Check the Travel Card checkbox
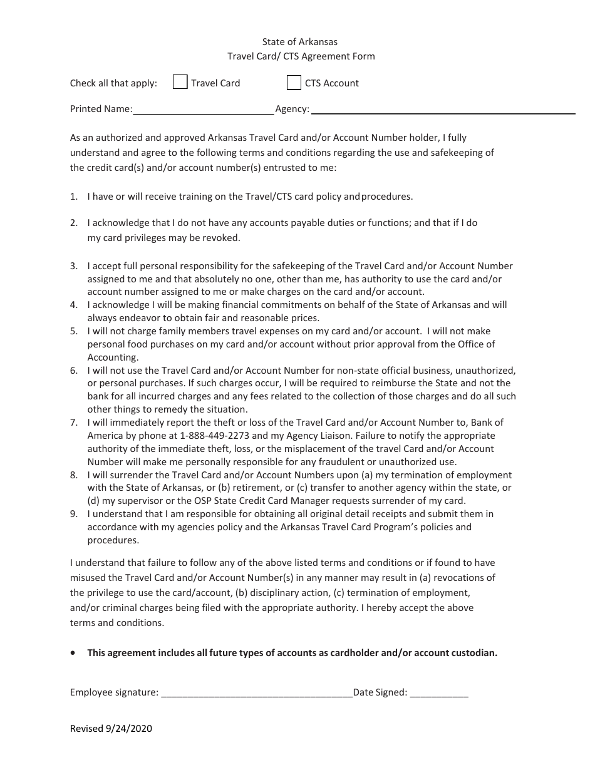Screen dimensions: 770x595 (x=180, y=82)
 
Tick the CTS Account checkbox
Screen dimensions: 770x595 (x=294, y=82)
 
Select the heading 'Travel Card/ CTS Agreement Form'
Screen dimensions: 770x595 (x=301, y=56)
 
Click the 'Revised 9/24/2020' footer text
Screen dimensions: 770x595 (x=111, y=728)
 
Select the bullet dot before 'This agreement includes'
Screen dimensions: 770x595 (x=74, y=652)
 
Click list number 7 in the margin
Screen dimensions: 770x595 (x=73, y=423)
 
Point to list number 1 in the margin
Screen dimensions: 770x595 (x=73, y=197)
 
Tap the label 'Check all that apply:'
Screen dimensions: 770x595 (x=113, y=83)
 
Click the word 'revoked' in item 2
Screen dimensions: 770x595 (x=222, y=238)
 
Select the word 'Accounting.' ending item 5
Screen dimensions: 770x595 (x=113, y=357)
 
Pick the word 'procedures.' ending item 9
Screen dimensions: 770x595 (x=113, y=540)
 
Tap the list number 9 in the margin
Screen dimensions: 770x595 (x=73, y=514)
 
